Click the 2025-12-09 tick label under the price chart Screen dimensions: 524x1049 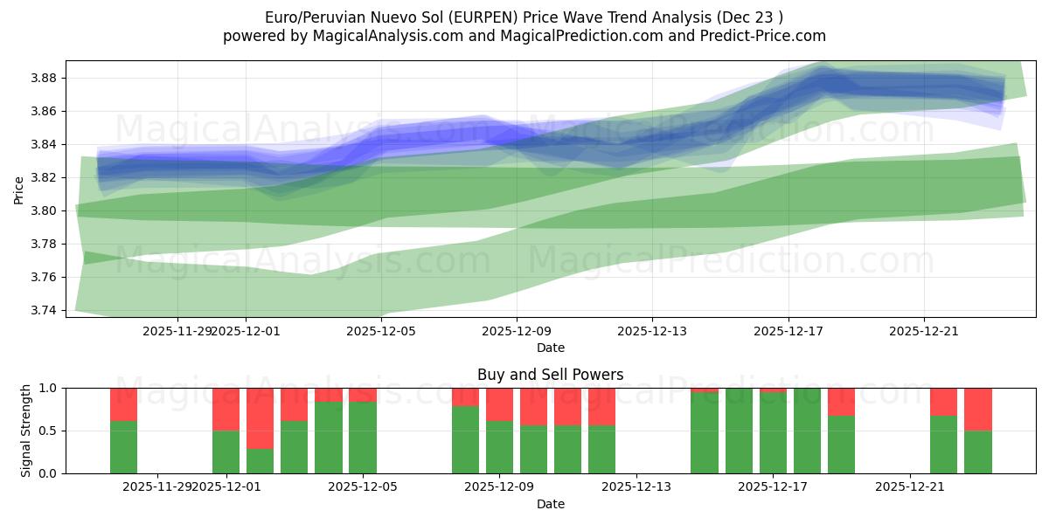point(517,332)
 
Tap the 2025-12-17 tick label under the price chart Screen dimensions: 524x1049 point(788,332)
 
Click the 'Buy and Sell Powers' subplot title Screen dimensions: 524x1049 point(551,376)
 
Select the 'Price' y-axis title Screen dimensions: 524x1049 point(19,189)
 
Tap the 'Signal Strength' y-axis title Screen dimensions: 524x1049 point(26,431)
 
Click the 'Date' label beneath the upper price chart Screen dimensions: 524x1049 point(551,348)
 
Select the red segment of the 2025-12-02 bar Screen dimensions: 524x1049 point(260,417)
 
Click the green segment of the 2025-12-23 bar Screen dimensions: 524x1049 point(978,452)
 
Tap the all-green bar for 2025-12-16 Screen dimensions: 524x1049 point(739,431)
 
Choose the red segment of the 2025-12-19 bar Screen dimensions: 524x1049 point(841,402)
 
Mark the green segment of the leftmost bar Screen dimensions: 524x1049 point(123,447)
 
